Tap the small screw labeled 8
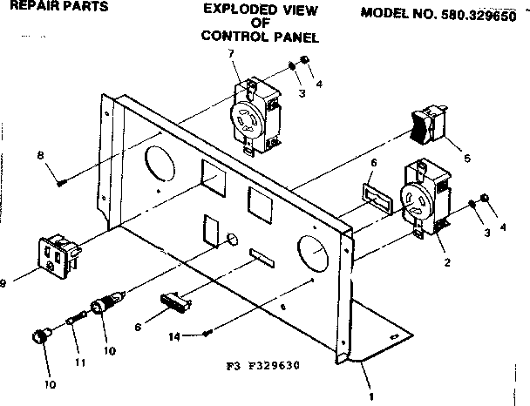[x=61, y=182]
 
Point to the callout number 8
[x=40, y=155]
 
